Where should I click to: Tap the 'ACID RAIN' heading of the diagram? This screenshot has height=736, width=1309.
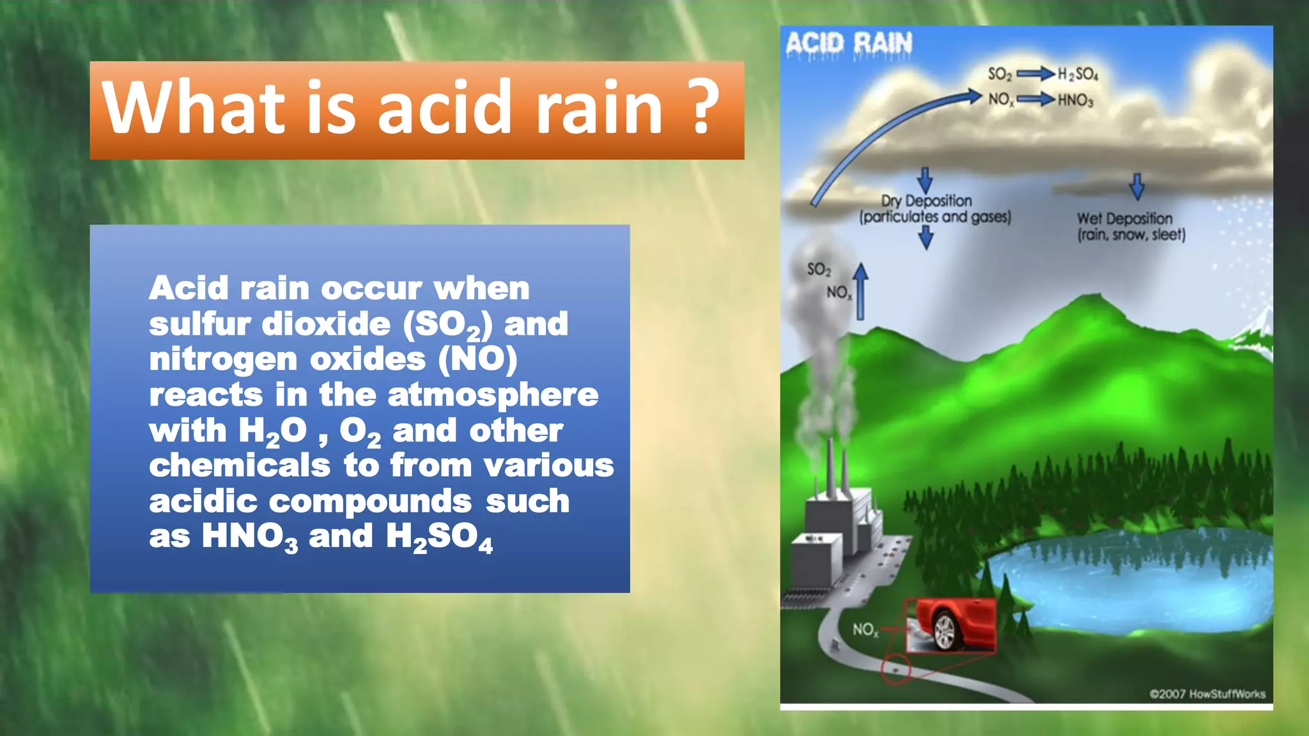pyautogui.click(x=848, y=43)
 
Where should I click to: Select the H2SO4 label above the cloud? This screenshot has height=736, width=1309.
pyautogui.click(x=1078, y=74)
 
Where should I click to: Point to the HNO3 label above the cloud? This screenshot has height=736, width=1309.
pyautogui.click(x=1076, y=100)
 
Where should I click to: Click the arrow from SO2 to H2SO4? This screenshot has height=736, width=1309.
pyautogui.click(x=1035, y=74)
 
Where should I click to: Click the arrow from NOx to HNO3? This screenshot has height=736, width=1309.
pyautogui.click(x=1035, y=99)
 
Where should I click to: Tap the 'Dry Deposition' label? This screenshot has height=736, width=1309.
pyautogui.click(x=926, y=201)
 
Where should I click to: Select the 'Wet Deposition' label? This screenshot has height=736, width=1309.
pyautogui.click(x=1124, y=218)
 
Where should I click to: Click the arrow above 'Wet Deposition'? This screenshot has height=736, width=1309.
pyautogui.click(x=1136, y=186)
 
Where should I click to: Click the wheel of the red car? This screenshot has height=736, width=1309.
pyautogui.click(x=944, y=630)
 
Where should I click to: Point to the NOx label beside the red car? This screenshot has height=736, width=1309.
pyautogui.click(x=865, y=630)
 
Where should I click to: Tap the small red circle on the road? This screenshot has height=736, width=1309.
pyautogui.click(x=895, y=669)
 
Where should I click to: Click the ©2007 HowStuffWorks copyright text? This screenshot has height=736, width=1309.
pyautogui.click(x=1207, y=694)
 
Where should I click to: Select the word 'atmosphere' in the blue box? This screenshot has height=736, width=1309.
pyautogui.click(x=493, y=395)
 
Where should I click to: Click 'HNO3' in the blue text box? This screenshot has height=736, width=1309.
pyautogui.click(x=250, y=537)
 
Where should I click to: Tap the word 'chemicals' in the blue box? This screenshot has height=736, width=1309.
pyautogui.click(x=240, y=465)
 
